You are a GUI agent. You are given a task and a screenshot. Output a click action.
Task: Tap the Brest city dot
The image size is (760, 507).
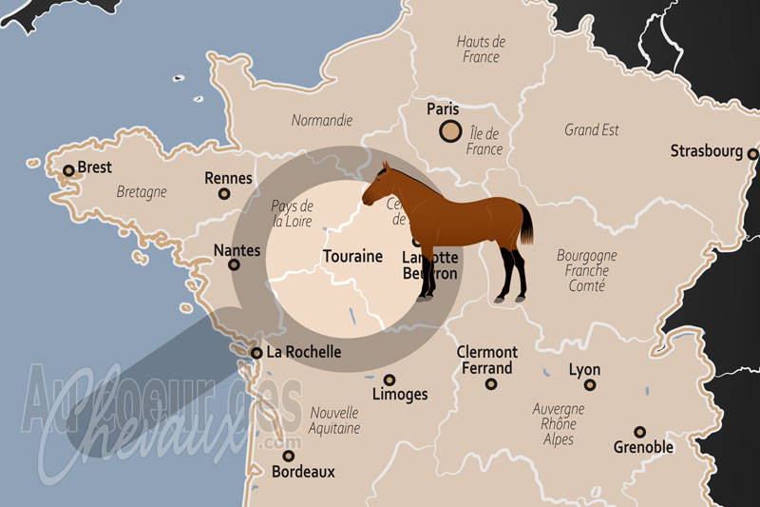pyautogui.click(x=68, y=172)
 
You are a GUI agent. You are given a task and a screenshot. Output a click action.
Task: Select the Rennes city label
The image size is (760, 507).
pyautogui.click(x=228, y=178)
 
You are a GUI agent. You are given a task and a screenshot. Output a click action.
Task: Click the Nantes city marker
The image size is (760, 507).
pyautogui.click(x=234, y=265)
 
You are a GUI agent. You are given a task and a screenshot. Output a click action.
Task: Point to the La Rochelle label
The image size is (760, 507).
pyautogui.click(x=303, y=352)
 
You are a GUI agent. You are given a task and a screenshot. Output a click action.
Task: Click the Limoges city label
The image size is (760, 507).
pyautogui.click(x=400, y=394)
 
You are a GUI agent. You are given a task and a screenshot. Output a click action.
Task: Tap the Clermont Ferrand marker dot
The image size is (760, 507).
pyautogui.click(x=491, y=384)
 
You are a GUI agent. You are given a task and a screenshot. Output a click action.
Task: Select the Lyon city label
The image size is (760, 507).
pyautogui.click(x=584, y=369)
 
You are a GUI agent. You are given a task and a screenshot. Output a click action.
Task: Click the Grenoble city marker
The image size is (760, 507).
pyautogui.click(x=640, y=431)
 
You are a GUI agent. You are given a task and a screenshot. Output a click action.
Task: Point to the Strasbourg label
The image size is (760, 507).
pyautogui.click(x=706, y=150)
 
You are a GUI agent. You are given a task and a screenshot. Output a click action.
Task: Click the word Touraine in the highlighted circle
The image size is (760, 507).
pyautogui.click(x=352, y=256)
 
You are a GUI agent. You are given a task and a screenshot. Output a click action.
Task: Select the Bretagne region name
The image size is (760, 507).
pyautogui.click(x=142, y=191)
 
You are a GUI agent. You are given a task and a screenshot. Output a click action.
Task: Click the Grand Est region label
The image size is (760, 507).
pyautogui.click(x=592, y=129)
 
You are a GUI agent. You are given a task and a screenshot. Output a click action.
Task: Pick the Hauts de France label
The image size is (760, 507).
pyautogui.click(x=481, y=49)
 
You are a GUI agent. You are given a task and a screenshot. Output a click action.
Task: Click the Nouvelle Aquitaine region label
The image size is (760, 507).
pyautogui.click(x=334, y=420)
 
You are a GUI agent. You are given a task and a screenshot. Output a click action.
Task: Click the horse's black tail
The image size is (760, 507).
pyautogui.click(x=525, y=224)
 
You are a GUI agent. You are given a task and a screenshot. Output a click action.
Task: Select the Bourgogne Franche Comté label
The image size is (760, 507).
pyautogui.click(x=586, y=270)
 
